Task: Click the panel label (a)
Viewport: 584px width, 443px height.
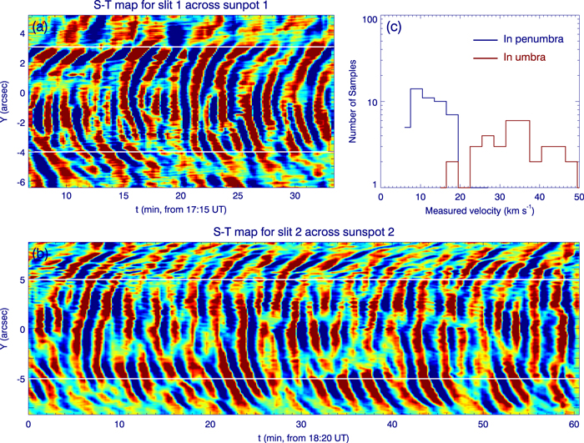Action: point(39,27)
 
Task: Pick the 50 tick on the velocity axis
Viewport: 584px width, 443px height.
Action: point(578,198)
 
